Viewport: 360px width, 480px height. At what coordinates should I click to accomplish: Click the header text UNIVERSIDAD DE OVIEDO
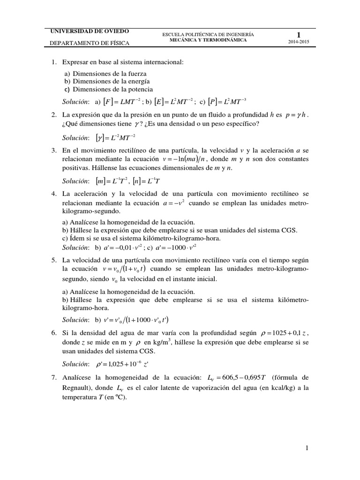pyautogui.click(x=90, y=31)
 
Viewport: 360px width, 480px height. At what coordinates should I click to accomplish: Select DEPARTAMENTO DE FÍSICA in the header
pyautogui.click(x=90, y=44)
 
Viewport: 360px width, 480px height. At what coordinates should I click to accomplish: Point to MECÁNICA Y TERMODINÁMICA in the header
pyautogui.click(x=208, y=40)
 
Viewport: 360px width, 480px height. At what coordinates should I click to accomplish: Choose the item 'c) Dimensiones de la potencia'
pyautogui.click(x=109, y=89)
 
